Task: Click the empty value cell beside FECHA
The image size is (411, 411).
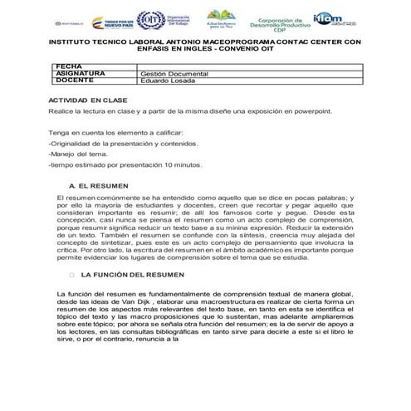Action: [x=249, y=66]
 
